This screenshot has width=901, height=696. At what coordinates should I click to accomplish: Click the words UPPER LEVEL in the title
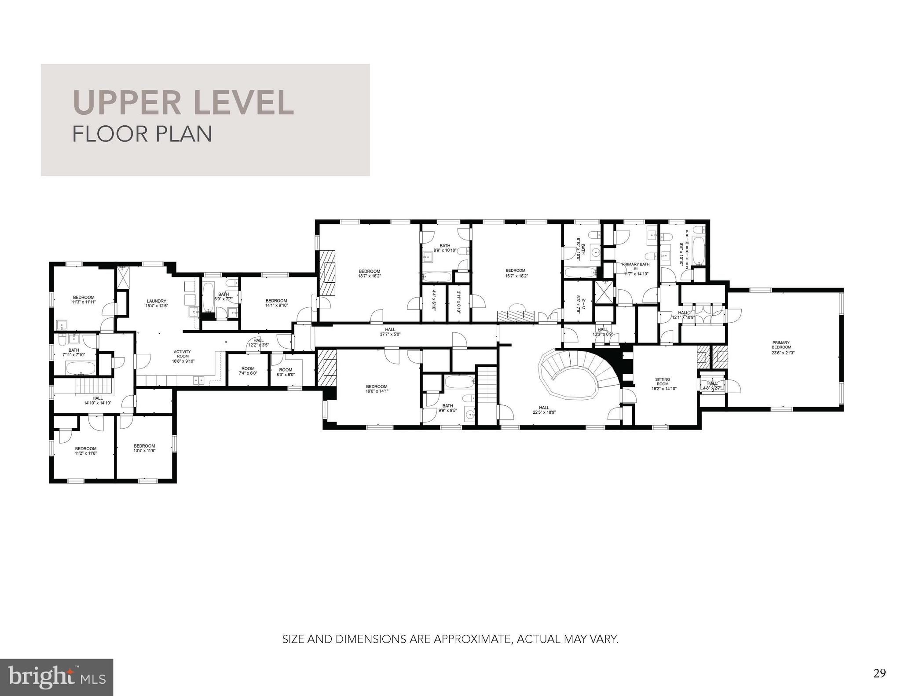(183, 102)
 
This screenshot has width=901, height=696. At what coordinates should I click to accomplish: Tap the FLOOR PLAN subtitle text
(142, 134)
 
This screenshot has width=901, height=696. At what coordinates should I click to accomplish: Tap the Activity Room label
(183, 356)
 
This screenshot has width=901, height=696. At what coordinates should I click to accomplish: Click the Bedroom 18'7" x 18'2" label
(369, 273)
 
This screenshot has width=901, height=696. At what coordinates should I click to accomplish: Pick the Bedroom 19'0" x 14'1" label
(377, 389)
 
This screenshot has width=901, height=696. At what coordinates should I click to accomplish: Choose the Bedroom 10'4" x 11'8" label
(144, 448)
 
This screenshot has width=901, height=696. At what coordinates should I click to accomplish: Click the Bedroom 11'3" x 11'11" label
(84, 300)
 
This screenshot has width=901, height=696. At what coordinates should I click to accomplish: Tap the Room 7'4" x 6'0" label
(248, 371)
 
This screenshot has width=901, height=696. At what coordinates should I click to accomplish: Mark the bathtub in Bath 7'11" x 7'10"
(81, 368)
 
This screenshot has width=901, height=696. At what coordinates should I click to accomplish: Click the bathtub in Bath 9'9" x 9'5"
(459, 381)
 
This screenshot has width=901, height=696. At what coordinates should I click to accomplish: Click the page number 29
(879, 673)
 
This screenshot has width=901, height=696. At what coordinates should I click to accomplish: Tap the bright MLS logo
(56, 677)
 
